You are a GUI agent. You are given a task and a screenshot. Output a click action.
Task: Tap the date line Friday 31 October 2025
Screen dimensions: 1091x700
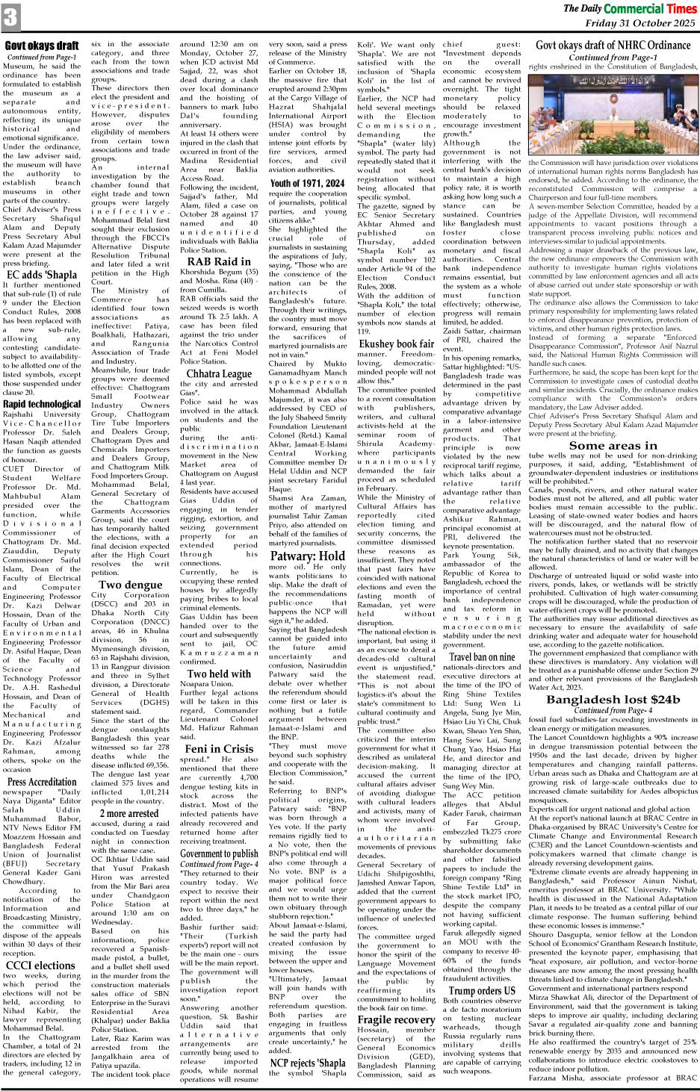tap(639, 23)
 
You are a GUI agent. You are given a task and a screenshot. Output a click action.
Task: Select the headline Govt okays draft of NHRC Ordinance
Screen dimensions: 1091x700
tap(613, 46)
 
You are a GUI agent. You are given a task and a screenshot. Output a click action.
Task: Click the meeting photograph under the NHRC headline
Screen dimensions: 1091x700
tap(613, 115)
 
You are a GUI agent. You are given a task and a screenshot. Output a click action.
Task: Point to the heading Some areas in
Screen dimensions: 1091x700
tap(613, 445)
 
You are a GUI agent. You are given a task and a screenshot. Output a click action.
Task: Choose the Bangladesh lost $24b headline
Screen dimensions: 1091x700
tap(613, 699)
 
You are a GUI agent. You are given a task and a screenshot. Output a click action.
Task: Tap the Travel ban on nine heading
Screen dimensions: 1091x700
tap(481, 657)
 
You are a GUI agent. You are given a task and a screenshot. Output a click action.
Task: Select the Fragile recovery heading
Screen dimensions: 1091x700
tap(395, 1019)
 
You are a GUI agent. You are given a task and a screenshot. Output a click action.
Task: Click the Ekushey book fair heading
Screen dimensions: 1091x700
tap(395, 344)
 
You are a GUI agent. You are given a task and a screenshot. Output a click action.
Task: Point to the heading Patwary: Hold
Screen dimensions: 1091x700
tap(307, 556)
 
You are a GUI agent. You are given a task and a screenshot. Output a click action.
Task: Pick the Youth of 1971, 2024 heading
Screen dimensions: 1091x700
tap(307, 183)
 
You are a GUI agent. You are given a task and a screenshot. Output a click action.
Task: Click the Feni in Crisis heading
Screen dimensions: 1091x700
tap(219, 748)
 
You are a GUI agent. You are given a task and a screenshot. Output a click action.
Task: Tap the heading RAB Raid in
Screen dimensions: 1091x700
tap(219, 261)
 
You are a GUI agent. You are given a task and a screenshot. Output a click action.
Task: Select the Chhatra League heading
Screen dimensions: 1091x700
tap(219, 373)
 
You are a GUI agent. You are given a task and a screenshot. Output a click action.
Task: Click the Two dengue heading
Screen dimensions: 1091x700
tap(130, 585)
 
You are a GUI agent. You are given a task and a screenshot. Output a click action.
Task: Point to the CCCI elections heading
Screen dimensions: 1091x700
tap(39, 965)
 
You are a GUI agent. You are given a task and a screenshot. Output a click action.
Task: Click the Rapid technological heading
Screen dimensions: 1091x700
tap(42, 404)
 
